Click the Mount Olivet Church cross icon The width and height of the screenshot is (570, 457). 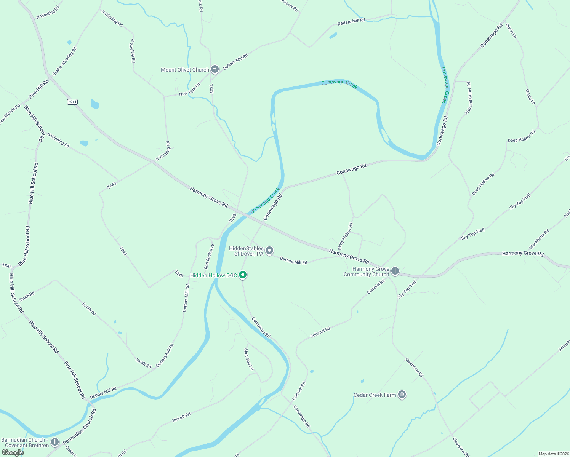tap(215, 69)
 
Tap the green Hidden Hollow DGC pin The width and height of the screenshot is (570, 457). tap(243, 275)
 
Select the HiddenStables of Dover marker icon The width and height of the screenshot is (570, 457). tap(269, 251)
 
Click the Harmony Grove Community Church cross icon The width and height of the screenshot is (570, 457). tap(395, 271)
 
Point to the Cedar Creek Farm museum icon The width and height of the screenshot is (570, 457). tap(402, 395)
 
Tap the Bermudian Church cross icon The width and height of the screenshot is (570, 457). tap(55, 442)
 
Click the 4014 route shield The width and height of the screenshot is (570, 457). tap(72, 102)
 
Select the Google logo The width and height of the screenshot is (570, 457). tap(13, 452)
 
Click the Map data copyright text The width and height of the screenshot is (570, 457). tap(553, 454)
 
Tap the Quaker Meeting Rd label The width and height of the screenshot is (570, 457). tap(64, 61)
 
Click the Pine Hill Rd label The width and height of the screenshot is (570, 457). tap(39, 89)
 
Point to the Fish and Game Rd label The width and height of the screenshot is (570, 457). tap(468, 98)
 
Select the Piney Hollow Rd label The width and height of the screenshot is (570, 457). tap(346, 236)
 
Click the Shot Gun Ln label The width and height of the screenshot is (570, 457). tap(248, 359)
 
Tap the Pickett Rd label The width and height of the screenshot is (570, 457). tap(181, 417)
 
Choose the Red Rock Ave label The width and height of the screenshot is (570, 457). tap(209, 257)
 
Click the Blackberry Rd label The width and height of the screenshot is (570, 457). tap(539, 239)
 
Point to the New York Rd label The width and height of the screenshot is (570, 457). tap(189, 90)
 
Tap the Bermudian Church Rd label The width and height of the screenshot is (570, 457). tap(80, 427)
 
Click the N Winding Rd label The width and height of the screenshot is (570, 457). tap(48, 13)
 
